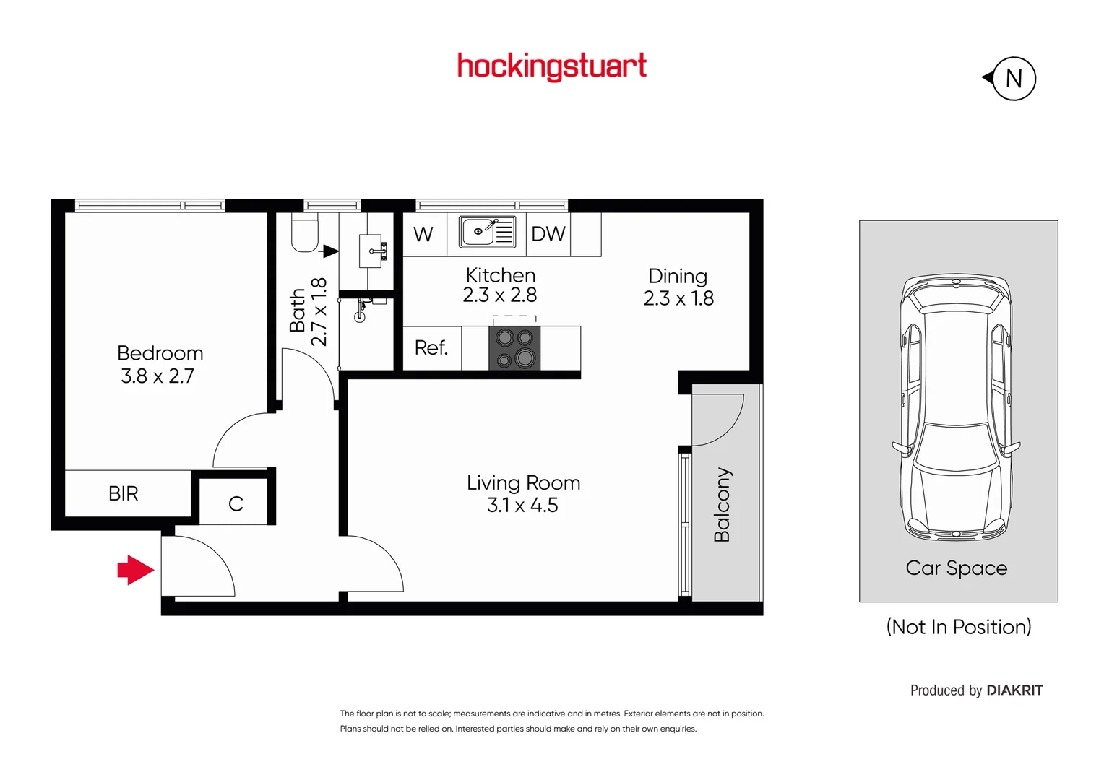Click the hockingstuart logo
tap(551, 66)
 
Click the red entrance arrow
tap(135, 570)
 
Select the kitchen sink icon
tap(487, 232)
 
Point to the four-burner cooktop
tap(514, 347)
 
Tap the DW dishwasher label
tap(548, 234)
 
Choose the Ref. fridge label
tap(431, 348)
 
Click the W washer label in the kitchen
tap(423, 235)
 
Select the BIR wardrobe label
tap(123, 493)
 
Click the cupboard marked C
tap(236, 503)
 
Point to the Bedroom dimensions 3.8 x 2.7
tap(158, 376)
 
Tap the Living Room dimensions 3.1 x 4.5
tap(522, 506)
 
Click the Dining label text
tap(677, 277)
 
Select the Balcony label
tap(722, 504)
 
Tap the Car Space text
tap(956, 568)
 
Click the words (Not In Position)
tap(958, 627)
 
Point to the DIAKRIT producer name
tap(1014, 690)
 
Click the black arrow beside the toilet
tap(330, 251)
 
